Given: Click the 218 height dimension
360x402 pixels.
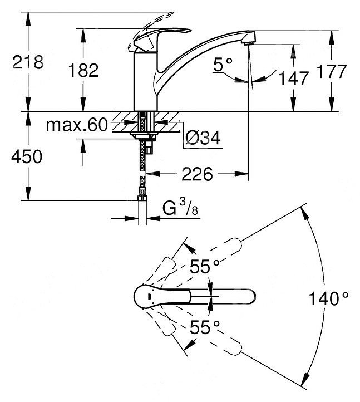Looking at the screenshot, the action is coord(28,62).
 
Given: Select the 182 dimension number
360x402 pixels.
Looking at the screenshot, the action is coord(83,71).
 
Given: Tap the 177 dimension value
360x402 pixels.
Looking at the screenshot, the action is coord(332,71).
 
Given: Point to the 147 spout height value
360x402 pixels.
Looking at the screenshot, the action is coord(293,78).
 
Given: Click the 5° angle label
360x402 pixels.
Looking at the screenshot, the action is coord(223,65).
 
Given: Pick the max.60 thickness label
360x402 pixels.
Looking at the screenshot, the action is coord(77,125).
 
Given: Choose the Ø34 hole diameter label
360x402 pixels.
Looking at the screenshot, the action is coord(203,138).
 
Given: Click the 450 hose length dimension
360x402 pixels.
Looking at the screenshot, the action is coord(27,156).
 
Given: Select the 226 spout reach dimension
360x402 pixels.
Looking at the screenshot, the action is coord(197,174).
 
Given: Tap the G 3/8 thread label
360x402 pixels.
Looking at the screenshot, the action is coord(180,208).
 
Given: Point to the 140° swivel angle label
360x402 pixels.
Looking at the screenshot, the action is coord(329,298).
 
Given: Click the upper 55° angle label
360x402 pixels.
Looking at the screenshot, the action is coord(204,267).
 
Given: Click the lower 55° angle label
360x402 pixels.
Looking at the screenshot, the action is coord(204,327).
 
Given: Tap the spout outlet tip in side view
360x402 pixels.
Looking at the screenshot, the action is coord(250,37).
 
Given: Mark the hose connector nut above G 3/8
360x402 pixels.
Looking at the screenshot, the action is coord(142,198).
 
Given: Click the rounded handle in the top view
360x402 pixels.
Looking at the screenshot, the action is coord(163,297).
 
